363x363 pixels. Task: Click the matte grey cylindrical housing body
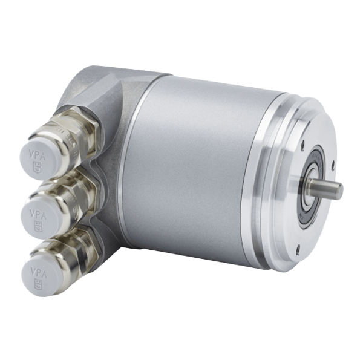pyautogui.click(x=194, y=169)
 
